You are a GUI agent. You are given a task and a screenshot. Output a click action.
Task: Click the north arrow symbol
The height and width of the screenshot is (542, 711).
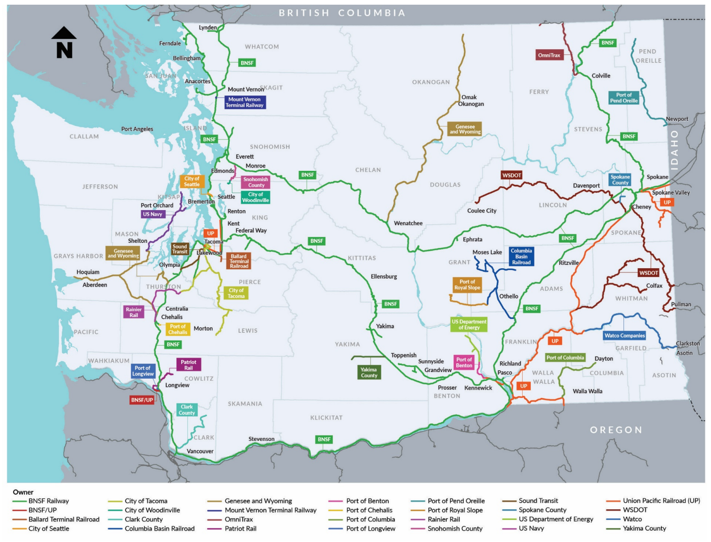click(x=64, y=43)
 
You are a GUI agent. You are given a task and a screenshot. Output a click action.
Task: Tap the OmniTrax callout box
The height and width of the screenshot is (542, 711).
click(x=548, y=55)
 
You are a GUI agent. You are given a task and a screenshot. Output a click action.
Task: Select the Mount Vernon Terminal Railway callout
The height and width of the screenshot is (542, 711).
click(x=245, y=102)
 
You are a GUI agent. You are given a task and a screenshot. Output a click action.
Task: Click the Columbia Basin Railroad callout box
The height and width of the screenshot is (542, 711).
click(x=521, y=256)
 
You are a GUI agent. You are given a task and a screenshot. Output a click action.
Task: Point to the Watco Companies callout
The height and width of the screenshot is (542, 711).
click(x=624, y=336)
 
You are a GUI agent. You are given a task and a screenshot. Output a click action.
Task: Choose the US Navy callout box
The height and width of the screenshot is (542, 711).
click(x=153, y=214)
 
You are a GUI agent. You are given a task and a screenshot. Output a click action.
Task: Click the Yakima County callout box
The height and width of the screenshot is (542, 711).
click(x=369, y=373)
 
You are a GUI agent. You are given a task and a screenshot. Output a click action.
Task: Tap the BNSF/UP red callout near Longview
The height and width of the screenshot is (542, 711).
click(x=142, y=400)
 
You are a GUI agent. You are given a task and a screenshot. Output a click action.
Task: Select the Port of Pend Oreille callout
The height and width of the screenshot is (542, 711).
click(x=623, y=98)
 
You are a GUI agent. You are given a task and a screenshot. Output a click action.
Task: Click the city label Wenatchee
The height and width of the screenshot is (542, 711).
click(x=408, y=223)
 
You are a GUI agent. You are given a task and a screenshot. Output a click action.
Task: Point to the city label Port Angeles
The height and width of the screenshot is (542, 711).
click(x=137, y=129)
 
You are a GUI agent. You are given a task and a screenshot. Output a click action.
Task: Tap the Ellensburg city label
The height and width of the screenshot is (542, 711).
click(x=384, y=277)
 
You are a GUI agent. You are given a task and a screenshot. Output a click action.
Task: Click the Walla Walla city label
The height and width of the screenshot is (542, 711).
click(x=587, y=391)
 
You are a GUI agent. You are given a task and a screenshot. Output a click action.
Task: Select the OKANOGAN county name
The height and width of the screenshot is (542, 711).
click(x=430, y=82)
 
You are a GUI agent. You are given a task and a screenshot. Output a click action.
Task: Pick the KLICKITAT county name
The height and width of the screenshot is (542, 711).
click(x=326, y=417)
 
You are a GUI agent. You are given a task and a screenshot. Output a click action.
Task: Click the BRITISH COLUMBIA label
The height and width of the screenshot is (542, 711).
click(x=342, y=13)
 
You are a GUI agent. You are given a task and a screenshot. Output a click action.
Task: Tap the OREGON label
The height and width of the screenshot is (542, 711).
click(x=615, y=430)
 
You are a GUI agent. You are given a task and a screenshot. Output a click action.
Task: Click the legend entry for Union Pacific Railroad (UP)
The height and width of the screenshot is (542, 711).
click(x=661, y=501)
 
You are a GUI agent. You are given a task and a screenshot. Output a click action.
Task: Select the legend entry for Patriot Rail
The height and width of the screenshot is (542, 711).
click(x=240, y=528)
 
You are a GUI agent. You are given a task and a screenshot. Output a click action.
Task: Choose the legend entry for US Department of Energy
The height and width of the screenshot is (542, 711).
click(x=555, y=519)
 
